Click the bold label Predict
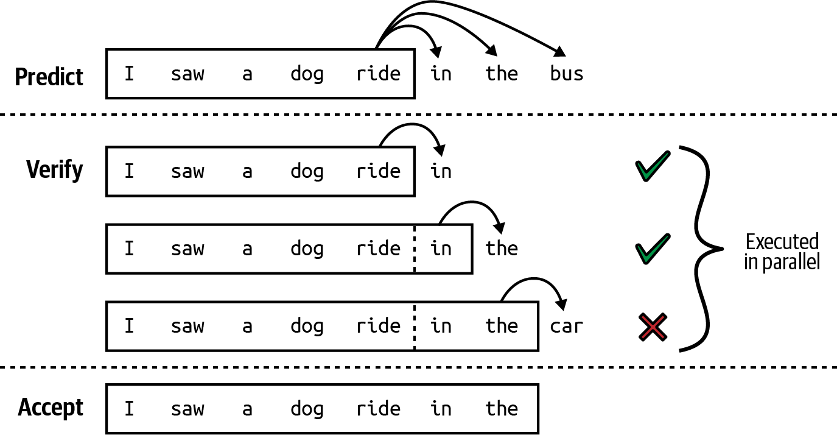tap(49, 77)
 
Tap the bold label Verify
tap(55, 169)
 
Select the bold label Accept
tap(51, 407)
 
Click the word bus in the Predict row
tap(566, 74)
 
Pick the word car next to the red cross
tap(566, 326)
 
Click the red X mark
tap(653, 327)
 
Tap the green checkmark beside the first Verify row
tap(652, 168)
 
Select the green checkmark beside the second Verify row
tap(652, 249)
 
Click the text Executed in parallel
tap(782, 252)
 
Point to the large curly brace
tap(703, 249)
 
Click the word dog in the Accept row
tap(307, 408)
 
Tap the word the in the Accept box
tap(502, 408)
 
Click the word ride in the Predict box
tap(379, 74)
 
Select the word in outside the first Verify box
tap(441, 171)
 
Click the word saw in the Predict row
tap(187, 74)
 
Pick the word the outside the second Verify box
tap(502, 249)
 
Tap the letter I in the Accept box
tap(129, 408)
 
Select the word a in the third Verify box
tap(247, 326)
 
